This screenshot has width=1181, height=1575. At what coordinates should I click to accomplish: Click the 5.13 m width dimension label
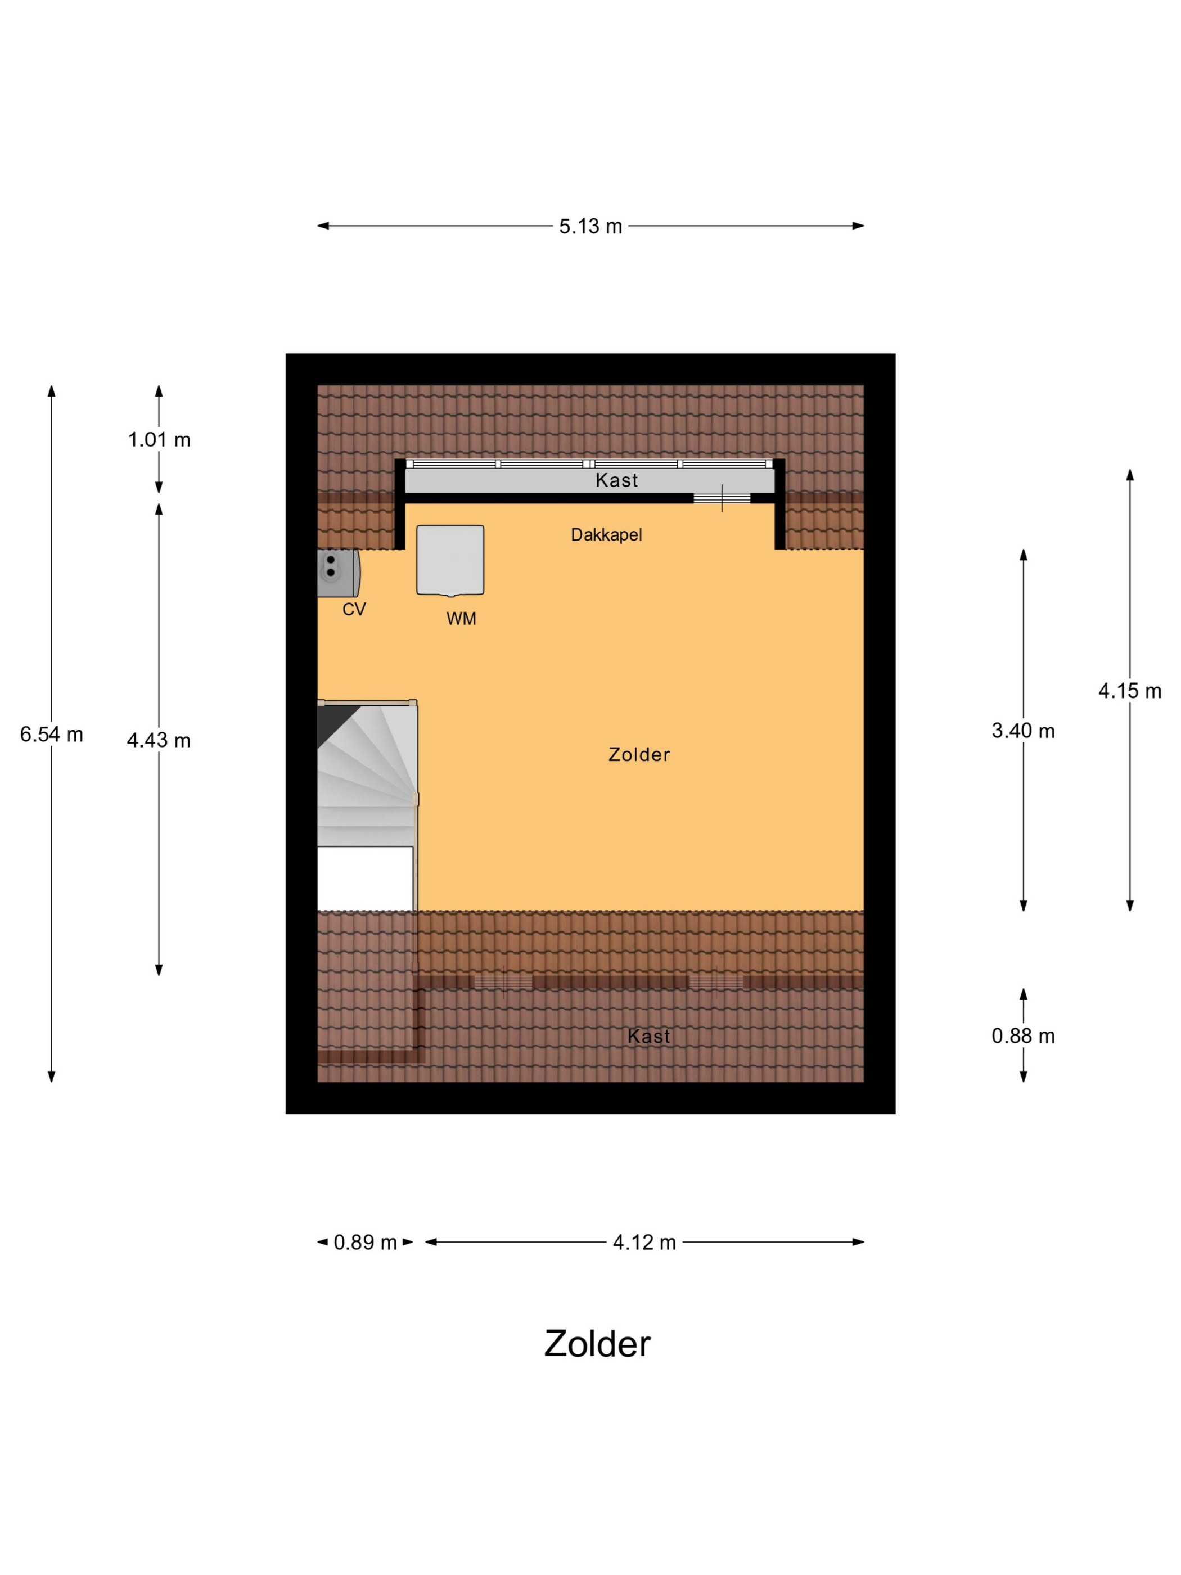click(590, 227)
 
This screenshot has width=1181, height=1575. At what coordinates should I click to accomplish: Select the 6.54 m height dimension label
click(51, 734)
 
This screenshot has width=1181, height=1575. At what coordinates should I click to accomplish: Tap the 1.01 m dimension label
click(159, 440)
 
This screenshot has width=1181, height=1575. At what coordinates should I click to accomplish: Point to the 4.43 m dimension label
click(159, 740)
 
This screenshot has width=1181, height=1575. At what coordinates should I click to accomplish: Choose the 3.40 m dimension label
click(1023, 731)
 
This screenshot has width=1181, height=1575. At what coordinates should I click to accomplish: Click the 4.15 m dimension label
click(1130, 691)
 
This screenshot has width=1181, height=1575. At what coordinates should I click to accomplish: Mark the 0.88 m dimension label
click(1023, 1036)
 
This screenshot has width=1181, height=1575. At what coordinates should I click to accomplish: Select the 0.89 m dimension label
click(365, 1243)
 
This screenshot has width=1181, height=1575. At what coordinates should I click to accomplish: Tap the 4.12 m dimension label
click(644, 1243)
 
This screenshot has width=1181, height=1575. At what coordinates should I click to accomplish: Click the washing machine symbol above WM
click(450, 560)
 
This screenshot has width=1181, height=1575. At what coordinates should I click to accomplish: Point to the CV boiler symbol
click(338, 573)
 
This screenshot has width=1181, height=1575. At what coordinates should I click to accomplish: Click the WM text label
click(461, 619)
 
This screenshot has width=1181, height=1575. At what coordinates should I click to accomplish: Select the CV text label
click(354, 610)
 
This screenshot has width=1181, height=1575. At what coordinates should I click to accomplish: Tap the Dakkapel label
click(606, 535)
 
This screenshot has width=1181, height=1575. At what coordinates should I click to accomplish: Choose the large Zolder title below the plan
click(597, 1344)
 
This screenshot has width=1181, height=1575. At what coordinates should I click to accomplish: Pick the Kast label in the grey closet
click(616, 480)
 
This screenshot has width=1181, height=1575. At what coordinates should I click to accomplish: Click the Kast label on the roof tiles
click(648, 1037)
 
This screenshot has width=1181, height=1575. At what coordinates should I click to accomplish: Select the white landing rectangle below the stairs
click(365, 878)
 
